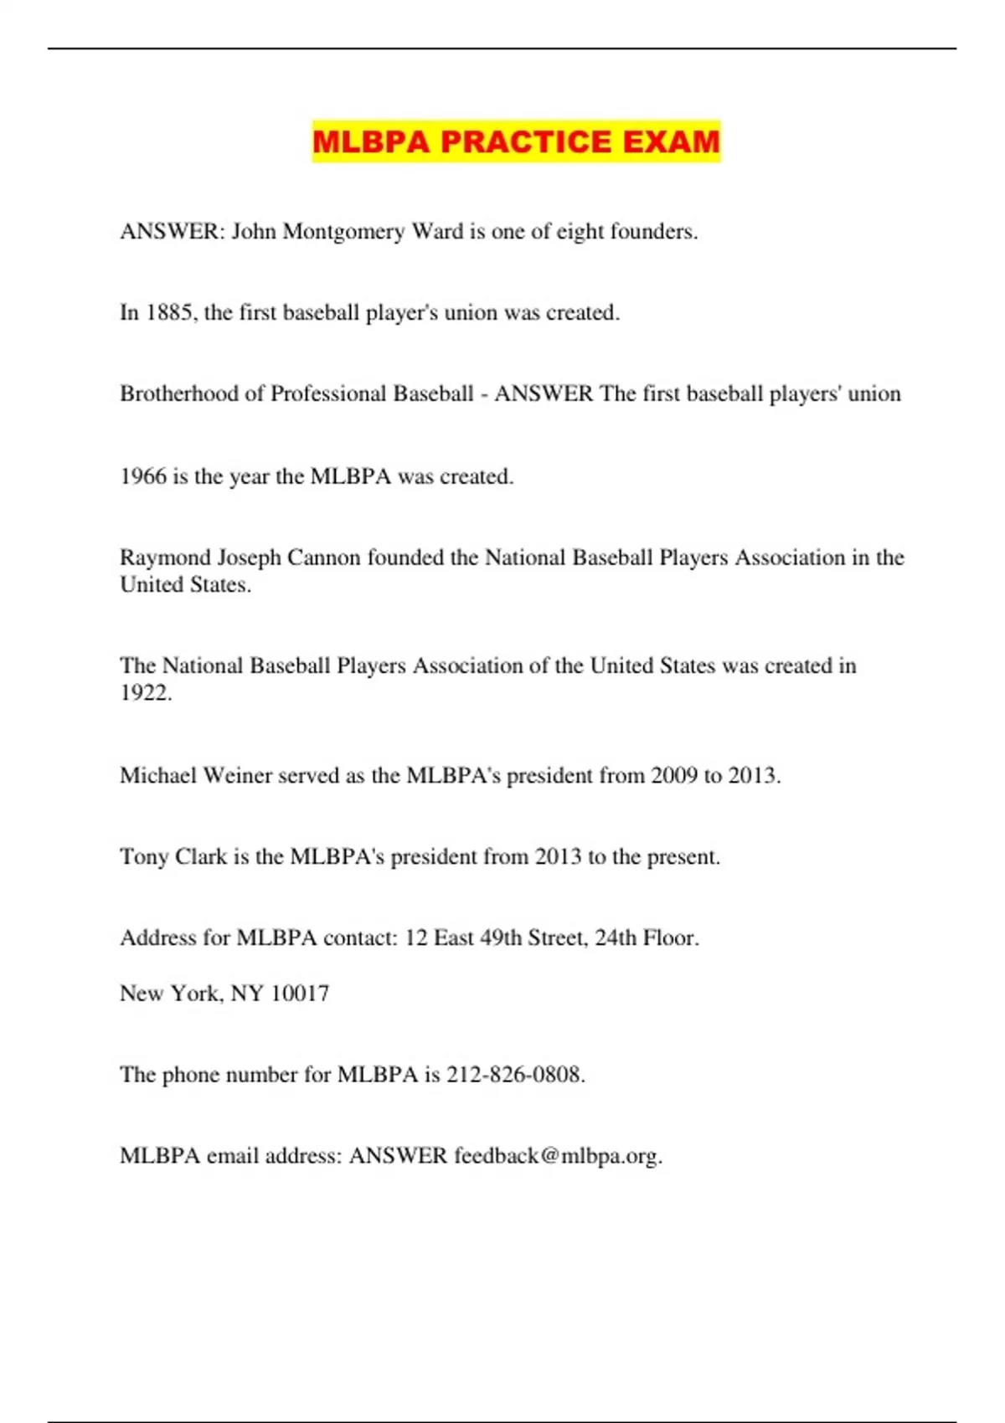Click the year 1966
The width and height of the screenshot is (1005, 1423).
143,476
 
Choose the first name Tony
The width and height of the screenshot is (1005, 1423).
144,856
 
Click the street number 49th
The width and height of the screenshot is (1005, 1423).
504,938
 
